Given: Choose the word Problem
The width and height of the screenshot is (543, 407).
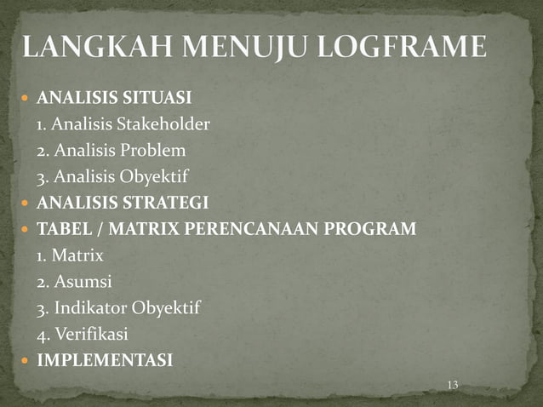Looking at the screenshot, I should click(153, 152).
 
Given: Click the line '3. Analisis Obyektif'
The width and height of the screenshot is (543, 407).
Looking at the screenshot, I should click(111, 177).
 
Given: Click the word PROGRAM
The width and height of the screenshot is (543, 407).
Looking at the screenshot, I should click(380, 229).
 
